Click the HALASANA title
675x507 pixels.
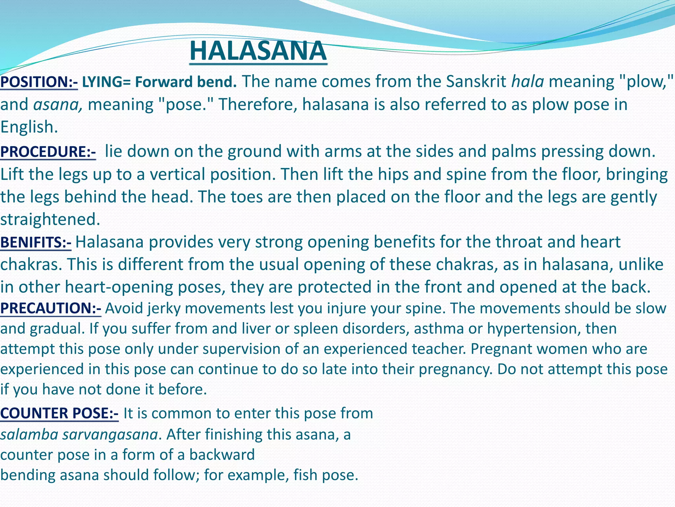(258, 51)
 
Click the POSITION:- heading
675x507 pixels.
(39, 82)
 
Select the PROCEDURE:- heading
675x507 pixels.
(48, 152)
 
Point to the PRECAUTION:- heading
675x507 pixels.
(51, 308)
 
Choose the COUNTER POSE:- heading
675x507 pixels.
(59, 413)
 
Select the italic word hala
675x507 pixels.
(527, 82)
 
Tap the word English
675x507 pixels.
(29, 127)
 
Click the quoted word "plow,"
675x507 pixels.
(645, 82)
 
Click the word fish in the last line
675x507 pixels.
(305, 475)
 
